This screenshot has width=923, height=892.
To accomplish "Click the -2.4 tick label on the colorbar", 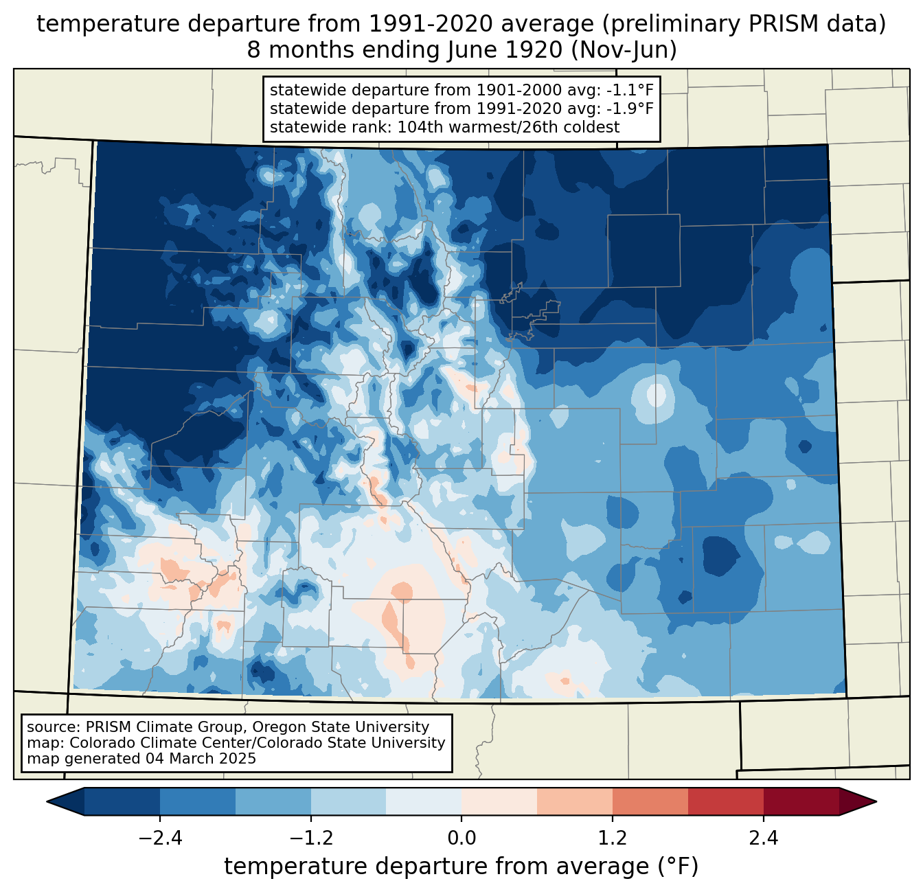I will pyautogui.click(x=160, y=838).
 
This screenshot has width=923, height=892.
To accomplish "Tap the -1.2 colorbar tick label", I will pyautogui.click(x=310, y=838).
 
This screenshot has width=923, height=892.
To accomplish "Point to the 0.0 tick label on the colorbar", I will pyautogui.click(x=461, y=838).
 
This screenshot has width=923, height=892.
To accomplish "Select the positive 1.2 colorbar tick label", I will pyautogui.click(x=613, y=838).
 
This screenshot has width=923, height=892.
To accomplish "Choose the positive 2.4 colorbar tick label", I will pyautogui.click(x=763, y=838).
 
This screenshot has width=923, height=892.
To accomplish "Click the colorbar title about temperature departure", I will pyautogui.click(x=461, y=867).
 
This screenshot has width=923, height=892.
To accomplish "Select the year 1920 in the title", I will pyautogui.click(x=534, y=50).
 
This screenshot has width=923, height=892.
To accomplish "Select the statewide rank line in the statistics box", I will pyautogui.click(x=444, y=127).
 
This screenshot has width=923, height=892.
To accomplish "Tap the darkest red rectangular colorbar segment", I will pyautogui.click(x=801, y=801).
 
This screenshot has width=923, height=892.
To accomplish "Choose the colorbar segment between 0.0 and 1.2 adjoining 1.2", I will pyautogui.click(x=575, y=801).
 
